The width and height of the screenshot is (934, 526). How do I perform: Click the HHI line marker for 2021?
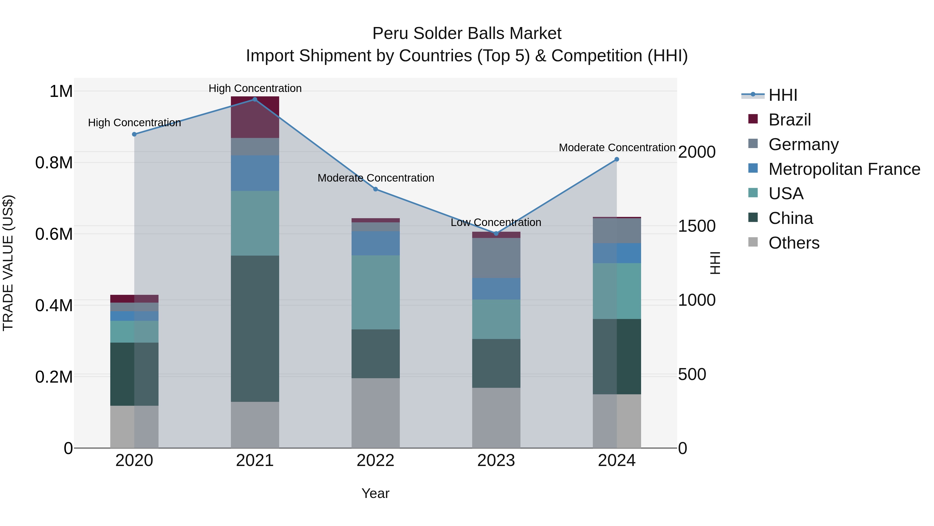255,99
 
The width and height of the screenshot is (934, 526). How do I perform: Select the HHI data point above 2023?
496,234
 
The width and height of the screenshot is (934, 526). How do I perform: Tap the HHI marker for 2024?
616,159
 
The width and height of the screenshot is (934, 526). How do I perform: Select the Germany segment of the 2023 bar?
496,258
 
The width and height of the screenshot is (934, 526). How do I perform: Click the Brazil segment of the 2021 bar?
255,117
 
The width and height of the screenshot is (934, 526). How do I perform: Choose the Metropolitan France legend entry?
844,169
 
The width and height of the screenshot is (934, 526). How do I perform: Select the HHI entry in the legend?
782,95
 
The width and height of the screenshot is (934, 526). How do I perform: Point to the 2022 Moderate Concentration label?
376,178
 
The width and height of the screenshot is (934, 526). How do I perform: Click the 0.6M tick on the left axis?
54,234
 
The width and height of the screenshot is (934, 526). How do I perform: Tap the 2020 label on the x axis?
134,461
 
